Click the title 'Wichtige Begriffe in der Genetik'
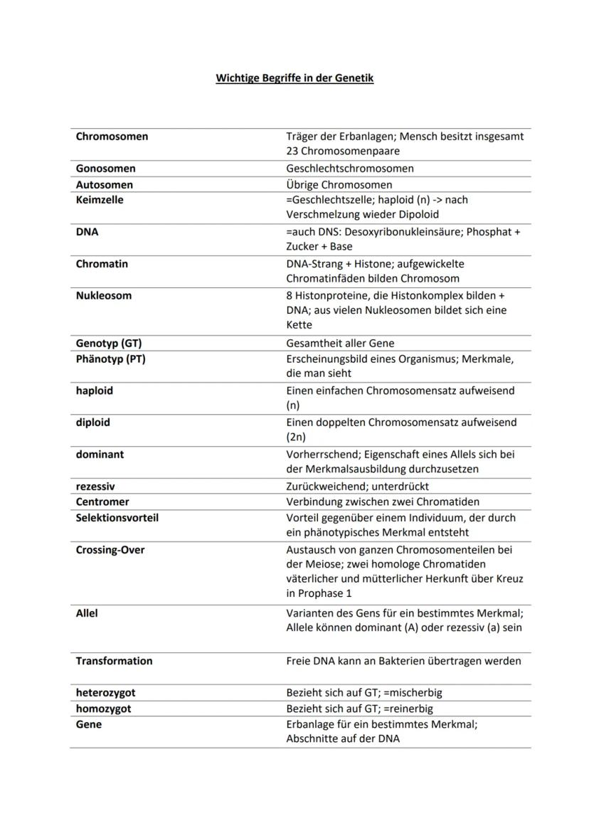coord(294,78)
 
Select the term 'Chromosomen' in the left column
coord(112,137)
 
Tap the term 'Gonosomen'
coord(105,169)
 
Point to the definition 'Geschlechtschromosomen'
coord(349,169)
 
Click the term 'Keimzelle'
coord(100,200)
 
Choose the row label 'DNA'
coord(87,232)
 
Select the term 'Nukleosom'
coord(104,295)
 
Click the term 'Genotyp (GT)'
coord(109,344)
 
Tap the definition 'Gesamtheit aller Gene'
coord(340,344)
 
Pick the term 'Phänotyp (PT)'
coord(110,359)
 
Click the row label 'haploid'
coord(95,391)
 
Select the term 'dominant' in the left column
coord(100,454)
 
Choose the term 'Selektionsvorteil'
coord(117,518)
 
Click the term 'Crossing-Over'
coord(110,550)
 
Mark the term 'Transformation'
coord(114,661)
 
